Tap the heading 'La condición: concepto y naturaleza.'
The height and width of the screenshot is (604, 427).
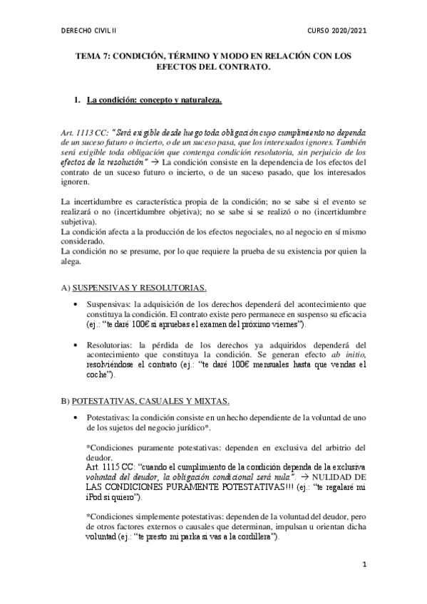(x=154, y=100)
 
